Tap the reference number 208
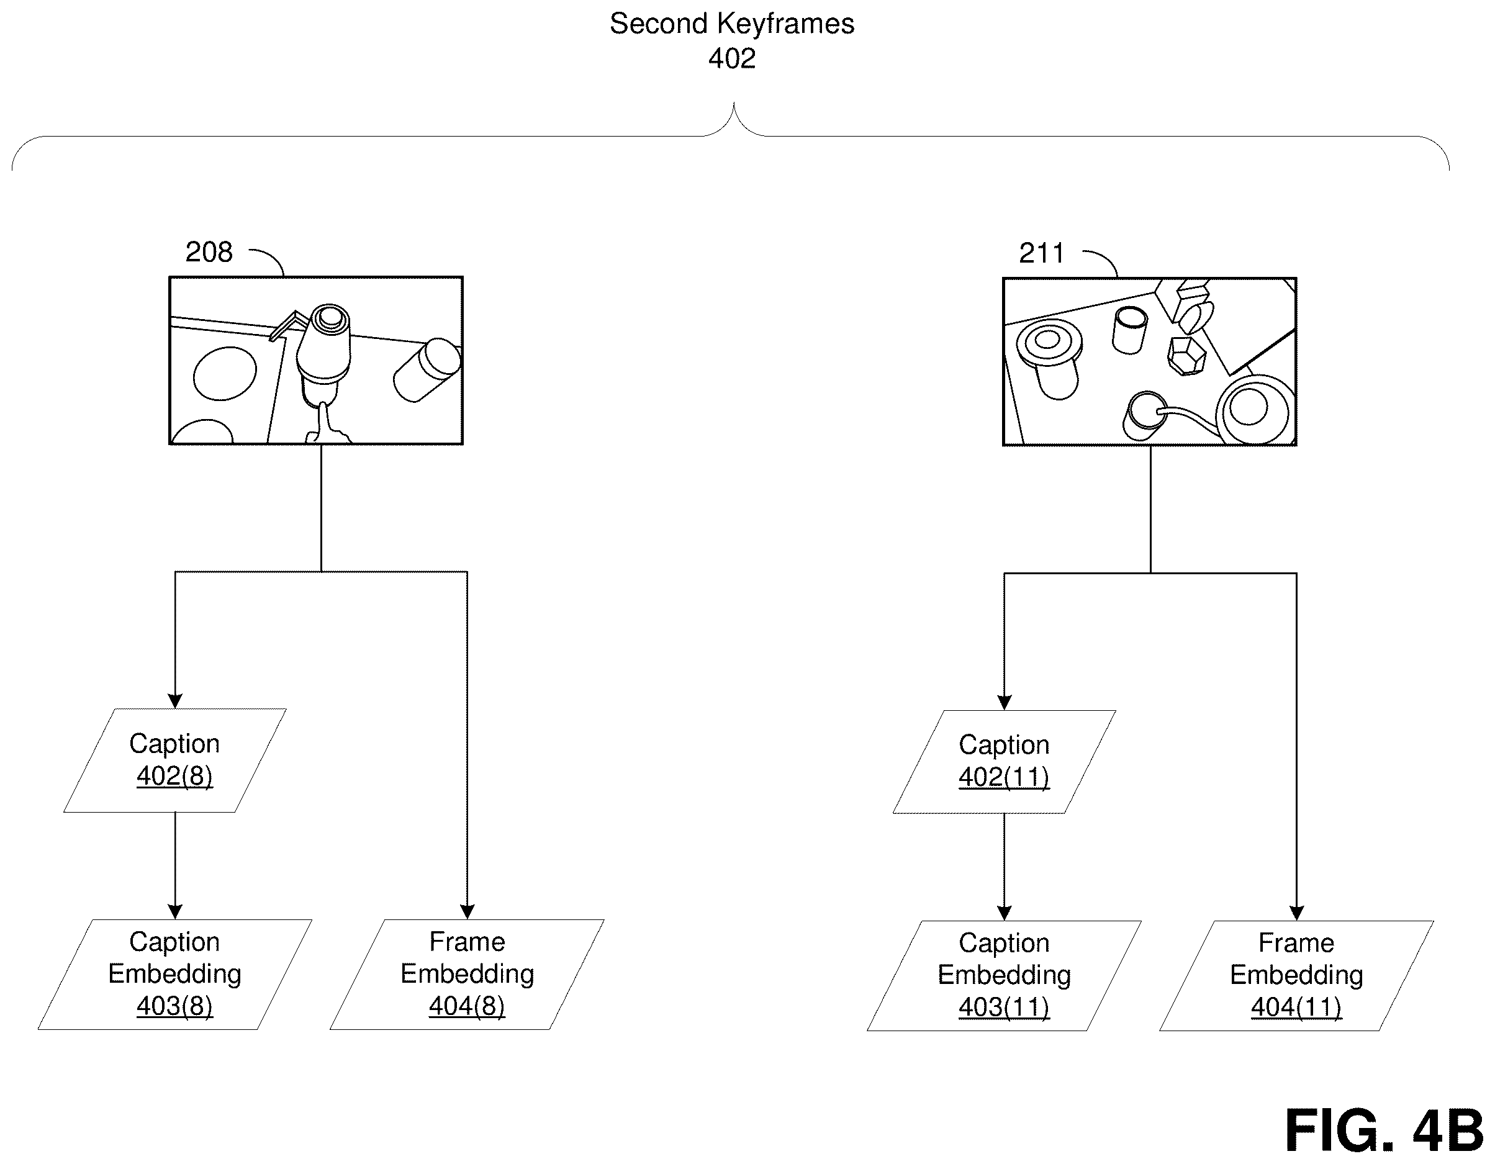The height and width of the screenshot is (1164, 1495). tap(209, 253)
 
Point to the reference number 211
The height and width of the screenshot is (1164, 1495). tap(1041, 254)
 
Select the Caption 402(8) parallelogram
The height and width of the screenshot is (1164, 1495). tap(175, 760)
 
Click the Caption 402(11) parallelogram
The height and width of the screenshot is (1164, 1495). tap(1004, 762)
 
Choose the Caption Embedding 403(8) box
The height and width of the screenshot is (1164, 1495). tap(175, 975)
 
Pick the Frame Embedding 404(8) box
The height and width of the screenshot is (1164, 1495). tap(467, 975)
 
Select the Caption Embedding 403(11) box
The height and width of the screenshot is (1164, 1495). tap(1004, 976)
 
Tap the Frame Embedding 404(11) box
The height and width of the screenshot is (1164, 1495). tap(1296, 976)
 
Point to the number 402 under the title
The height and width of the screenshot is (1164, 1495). tap(732, 59)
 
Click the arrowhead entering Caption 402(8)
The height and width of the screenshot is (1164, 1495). tap(175, 702)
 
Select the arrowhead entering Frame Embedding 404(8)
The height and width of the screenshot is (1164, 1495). tap(467, 912)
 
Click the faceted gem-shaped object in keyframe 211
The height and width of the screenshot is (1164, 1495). tap(1186, 356)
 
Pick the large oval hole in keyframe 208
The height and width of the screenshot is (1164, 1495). tap(225, 373)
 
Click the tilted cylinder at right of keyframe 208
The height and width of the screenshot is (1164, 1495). tap(427, 369)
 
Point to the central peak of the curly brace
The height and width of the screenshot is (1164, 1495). tap(734, 105)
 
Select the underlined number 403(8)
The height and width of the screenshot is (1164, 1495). tap(174, 1006)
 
